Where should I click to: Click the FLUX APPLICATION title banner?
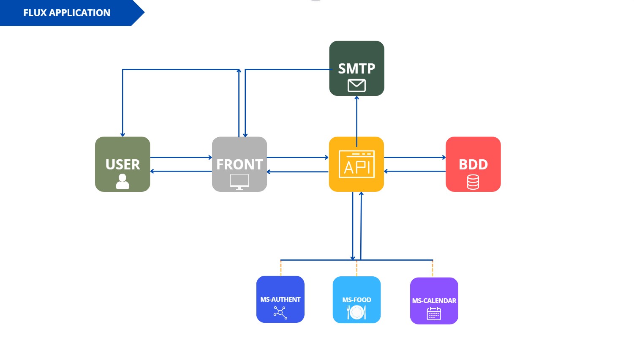[x=67, y=13]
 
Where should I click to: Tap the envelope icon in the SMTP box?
[x=356, y=86]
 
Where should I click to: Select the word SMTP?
[x=356, y=68]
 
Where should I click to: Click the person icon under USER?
[x=122, y=181]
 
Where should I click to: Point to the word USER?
[x=122, y=164]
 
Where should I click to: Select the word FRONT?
[x=239, y=164]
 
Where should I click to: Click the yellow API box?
[x=356, y=164]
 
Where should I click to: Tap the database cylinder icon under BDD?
[x=473, y=182]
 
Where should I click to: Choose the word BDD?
[x=473, y=164]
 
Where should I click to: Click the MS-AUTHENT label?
[x=280, y=299]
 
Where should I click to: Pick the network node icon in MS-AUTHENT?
[x=280, y=313]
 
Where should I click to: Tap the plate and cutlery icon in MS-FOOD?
[x=356, y=313]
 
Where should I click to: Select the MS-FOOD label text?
[x=356, y=300]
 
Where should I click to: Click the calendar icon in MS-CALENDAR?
[x=434, y=314]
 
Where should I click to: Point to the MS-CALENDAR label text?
[x=434, y=300]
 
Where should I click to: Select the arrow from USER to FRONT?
[x=181, y=158]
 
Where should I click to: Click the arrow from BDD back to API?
[x=415, y=172]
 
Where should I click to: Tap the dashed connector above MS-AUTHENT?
[x=280, y=268]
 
